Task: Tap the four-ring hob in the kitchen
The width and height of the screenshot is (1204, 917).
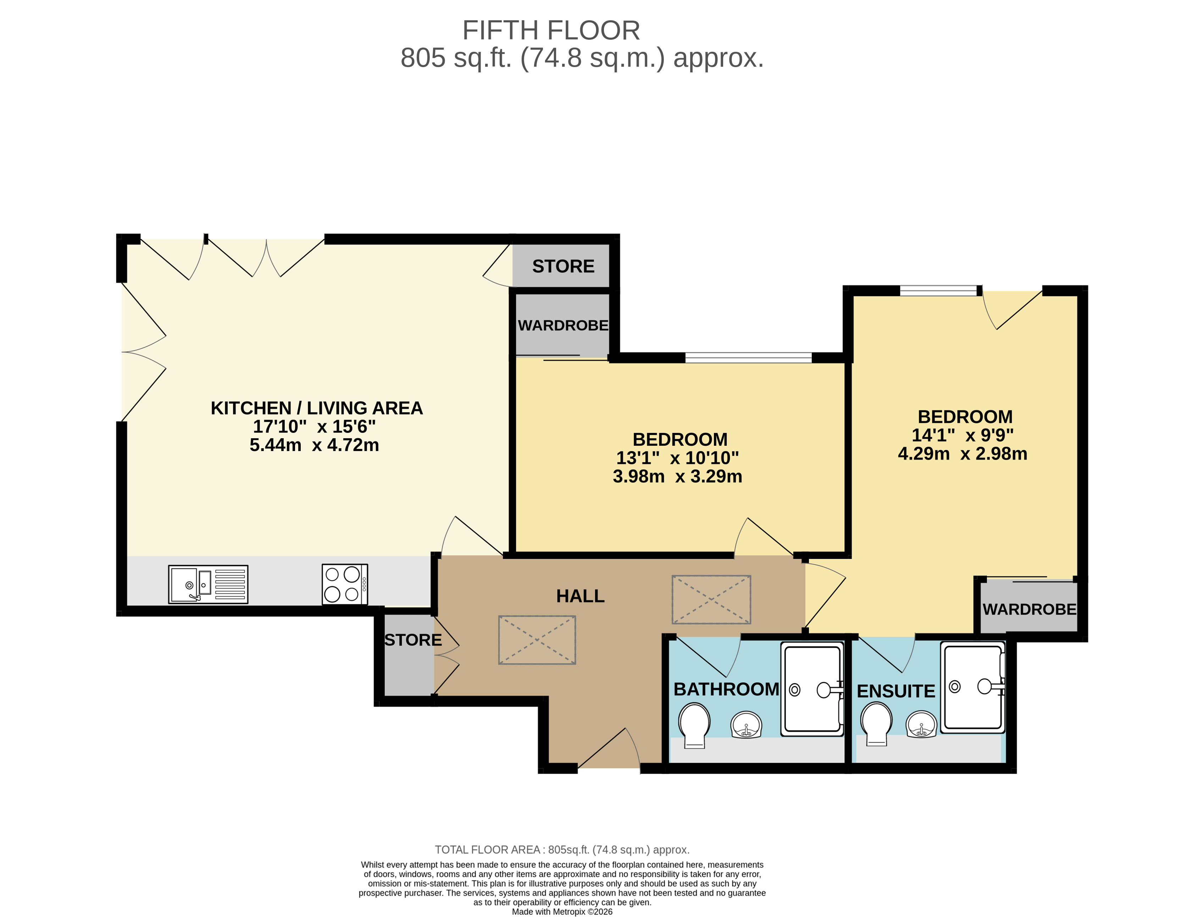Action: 345,584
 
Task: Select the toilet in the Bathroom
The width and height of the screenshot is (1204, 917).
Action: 694,724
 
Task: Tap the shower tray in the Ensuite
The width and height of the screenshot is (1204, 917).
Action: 973,687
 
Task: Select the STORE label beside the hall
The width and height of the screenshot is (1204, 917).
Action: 413,640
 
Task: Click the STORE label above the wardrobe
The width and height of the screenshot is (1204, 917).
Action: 563,267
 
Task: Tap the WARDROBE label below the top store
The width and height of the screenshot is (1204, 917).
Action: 563,325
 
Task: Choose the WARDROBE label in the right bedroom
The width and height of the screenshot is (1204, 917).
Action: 1030,609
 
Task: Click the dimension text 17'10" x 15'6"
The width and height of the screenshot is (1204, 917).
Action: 314,426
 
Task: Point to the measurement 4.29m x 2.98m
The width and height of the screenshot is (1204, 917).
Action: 962,454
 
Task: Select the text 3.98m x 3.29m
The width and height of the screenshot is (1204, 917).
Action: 677,477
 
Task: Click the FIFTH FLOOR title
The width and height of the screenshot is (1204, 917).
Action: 551,31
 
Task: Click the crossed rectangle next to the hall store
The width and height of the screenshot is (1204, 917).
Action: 537,640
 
